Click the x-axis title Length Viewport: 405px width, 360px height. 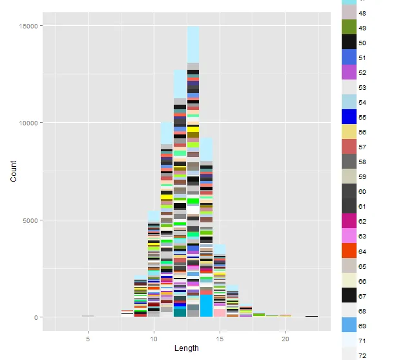tap(187, 348)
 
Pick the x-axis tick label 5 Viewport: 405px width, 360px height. tap(87, 338)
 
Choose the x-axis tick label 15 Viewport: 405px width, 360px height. tap(220, 338)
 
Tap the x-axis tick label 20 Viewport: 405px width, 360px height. tap(286, 338)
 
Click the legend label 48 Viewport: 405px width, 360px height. tap(362, 13)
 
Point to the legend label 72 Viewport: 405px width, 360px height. tap(362, 355)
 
